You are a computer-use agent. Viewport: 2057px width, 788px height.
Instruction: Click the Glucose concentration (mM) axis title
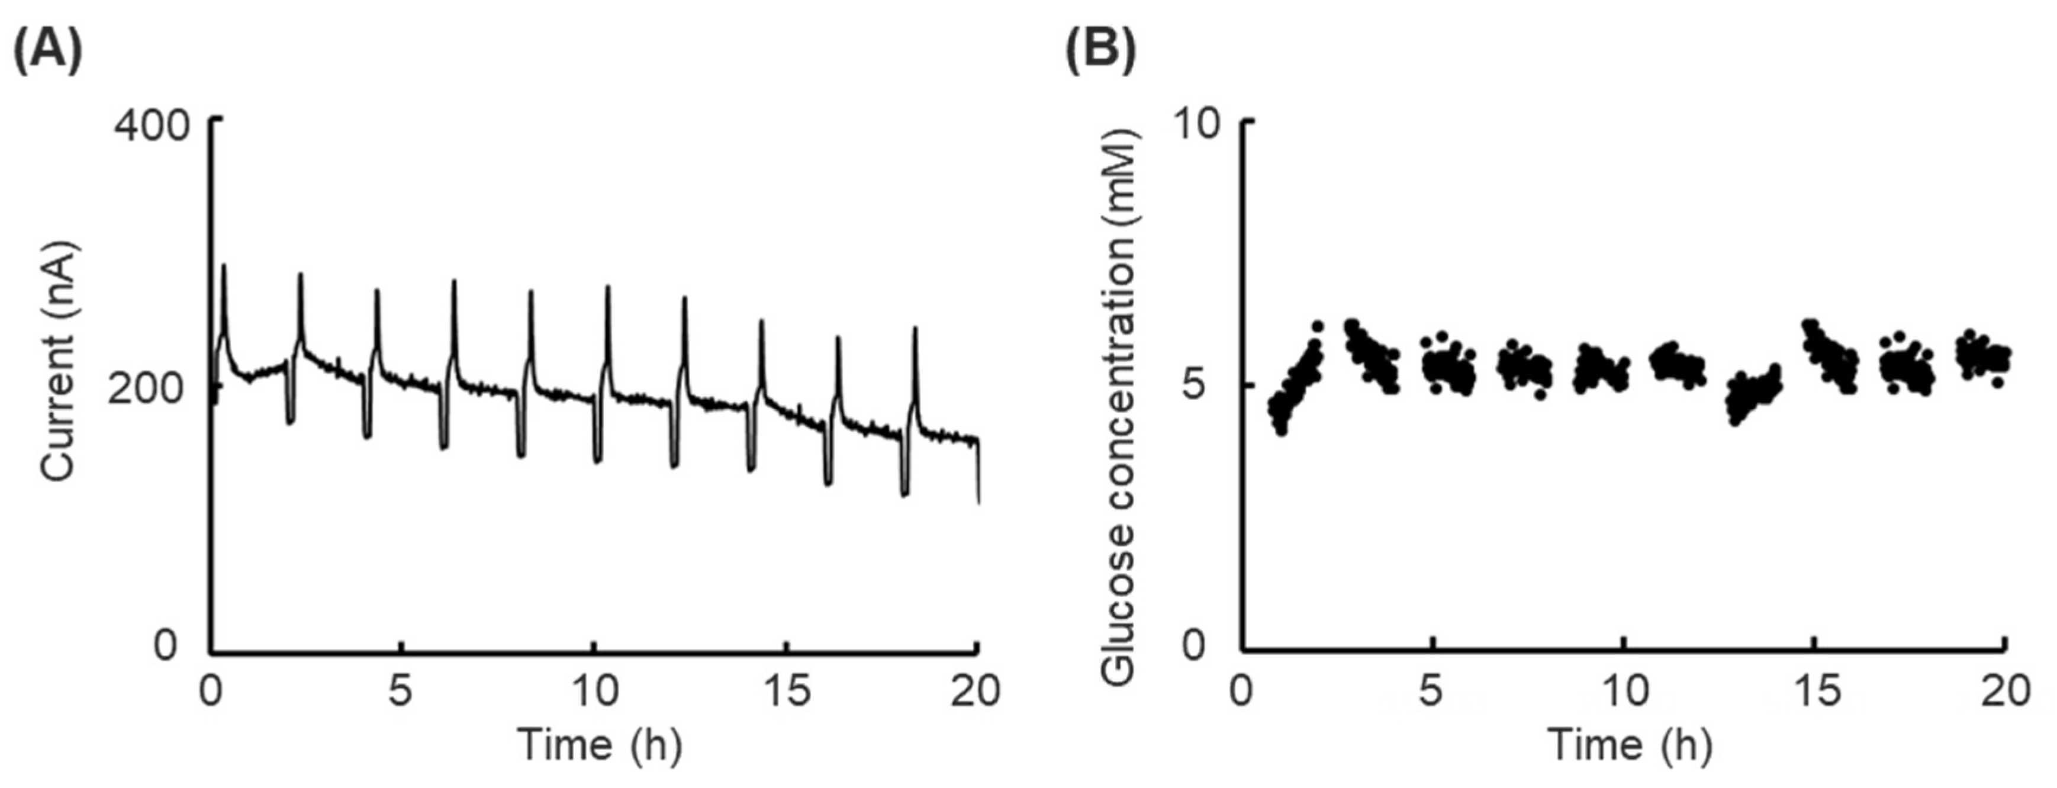(1118, 407)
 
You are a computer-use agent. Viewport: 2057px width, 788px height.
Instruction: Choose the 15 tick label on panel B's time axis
(1815, 691)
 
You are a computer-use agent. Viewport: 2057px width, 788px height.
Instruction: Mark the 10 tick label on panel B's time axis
(1625, 691)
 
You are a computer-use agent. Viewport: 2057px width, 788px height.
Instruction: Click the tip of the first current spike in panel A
(224, 266)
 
